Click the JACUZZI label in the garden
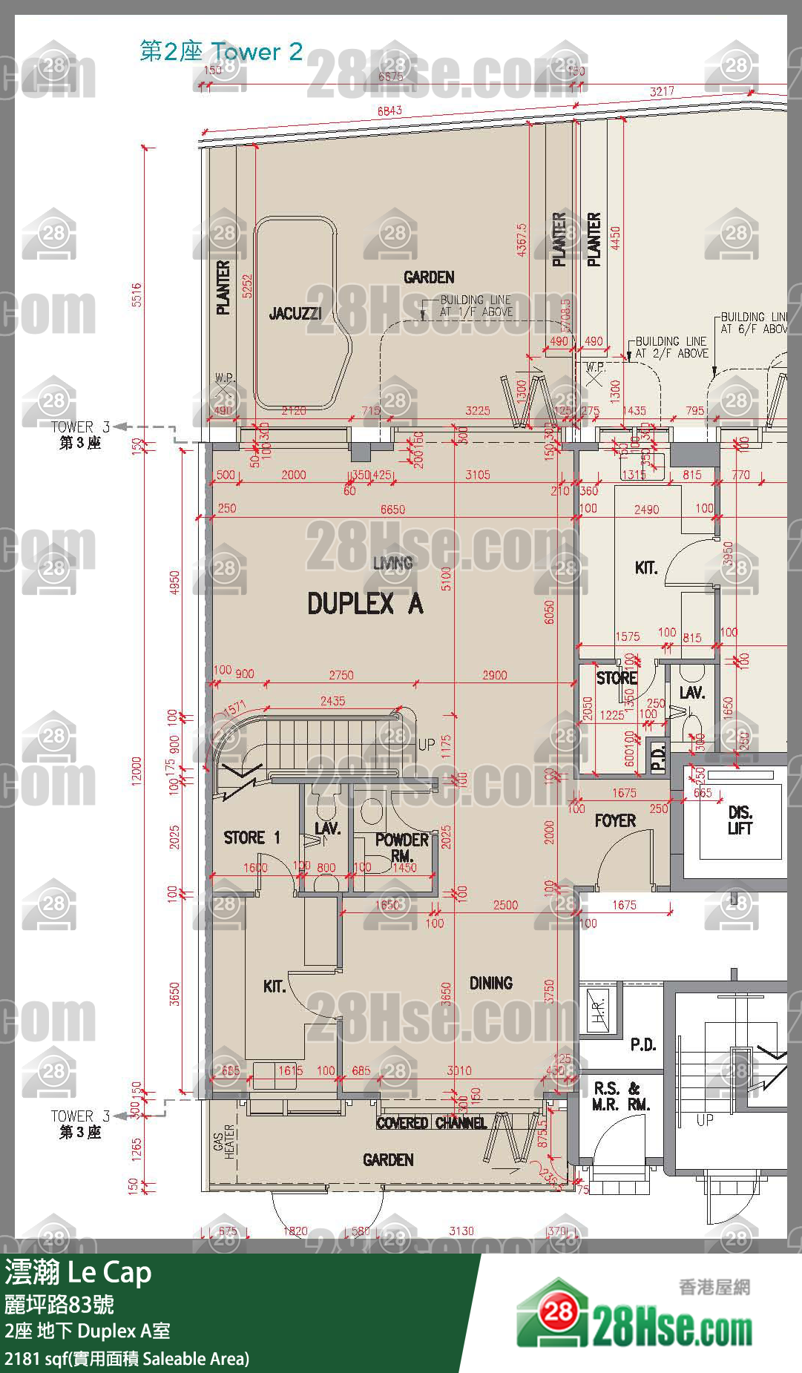295,314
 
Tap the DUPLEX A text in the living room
365,604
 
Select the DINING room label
490,983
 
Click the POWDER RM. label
401,846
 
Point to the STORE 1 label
252,837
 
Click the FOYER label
615,820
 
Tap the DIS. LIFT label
740,820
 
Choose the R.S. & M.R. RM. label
621,1096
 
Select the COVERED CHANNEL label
431,1123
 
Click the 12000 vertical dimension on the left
137,771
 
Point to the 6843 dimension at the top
390,111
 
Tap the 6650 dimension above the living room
392,510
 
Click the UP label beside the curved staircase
426,744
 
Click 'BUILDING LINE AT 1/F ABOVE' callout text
476,306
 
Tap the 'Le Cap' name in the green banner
109,1272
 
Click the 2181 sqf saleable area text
127,1359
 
